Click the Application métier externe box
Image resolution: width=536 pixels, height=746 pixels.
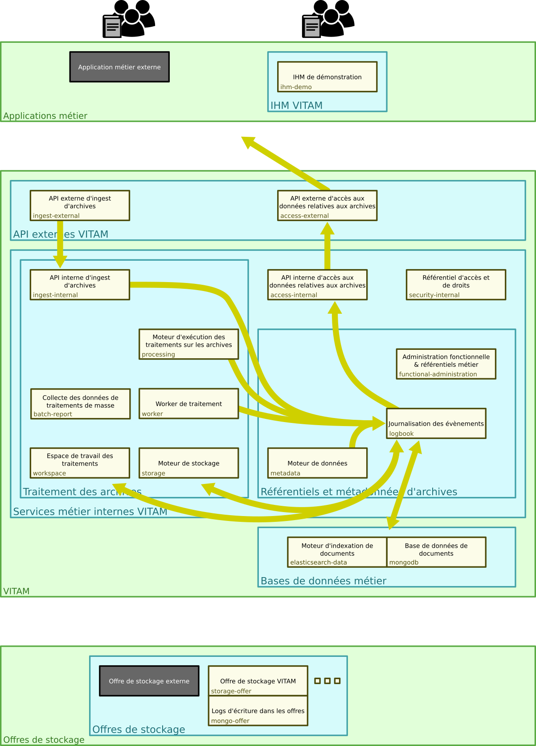[119, 67]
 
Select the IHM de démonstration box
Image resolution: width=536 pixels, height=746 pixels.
[327, 77]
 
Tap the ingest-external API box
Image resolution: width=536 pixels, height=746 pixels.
[80, 205]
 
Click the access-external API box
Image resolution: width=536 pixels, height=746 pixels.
[327, 205]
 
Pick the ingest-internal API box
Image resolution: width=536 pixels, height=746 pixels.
[80, 285]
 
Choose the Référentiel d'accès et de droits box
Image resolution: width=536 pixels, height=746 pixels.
[456, 285]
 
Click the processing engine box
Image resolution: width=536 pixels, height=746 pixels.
[188, 344]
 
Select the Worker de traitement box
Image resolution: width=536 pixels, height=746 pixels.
[188, 404]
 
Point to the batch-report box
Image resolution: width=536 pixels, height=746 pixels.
[80, 404]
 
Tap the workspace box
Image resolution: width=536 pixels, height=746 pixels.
[80, 463]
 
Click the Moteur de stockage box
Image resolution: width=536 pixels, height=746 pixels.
[188, 463]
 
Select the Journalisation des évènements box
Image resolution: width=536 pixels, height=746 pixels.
[436, 423]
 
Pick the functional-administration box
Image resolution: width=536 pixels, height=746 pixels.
[446, 364]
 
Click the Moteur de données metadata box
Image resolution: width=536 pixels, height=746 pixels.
[317, 463]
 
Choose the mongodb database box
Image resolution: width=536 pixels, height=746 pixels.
[436, 552]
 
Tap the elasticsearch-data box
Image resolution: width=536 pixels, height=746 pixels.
[337, 552]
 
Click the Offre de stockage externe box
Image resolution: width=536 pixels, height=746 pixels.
[149, 681]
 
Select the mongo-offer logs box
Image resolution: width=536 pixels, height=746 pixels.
[258, 711]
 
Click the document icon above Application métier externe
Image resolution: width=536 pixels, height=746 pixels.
[113, 27]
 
